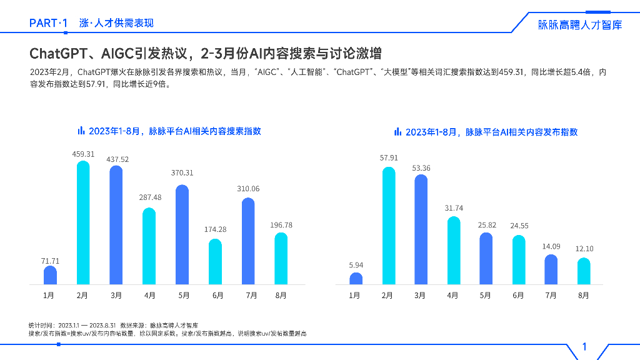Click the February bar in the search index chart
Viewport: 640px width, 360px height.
click(83, 223)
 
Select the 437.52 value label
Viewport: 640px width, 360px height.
click(116, 159)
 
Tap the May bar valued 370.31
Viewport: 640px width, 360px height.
click(182, 235)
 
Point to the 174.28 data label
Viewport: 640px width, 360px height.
click(216, 229)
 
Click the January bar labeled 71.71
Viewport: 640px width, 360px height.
click(50, 276)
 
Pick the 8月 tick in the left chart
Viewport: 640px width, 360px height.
click(281, 296)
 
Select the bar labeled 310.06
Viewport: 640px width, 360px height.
click(248, 241)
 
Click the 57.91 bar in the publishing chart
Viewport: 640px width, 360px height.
click(389, 226)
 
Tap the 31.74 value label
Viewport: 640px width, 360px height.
click(454, 208)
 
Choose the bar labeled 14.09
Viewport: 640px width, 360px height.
click(551, 269)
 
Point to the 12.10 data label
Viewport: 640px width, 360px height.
click(584, 249)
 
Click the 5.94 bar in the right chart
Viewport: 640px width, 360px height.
click(356, 279)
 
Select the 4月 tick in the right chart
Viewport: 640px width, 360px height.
click(453, 296)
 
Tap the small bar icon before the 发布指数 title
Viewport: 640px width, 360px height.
click(397, 132)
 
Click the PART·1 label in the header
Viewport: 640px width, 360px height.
click(49, 23)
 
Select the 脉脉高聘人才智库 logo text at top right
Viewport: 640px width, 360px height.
click(580, 25)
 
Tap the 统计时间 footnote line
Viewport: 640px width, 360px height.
click(113, 326)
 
